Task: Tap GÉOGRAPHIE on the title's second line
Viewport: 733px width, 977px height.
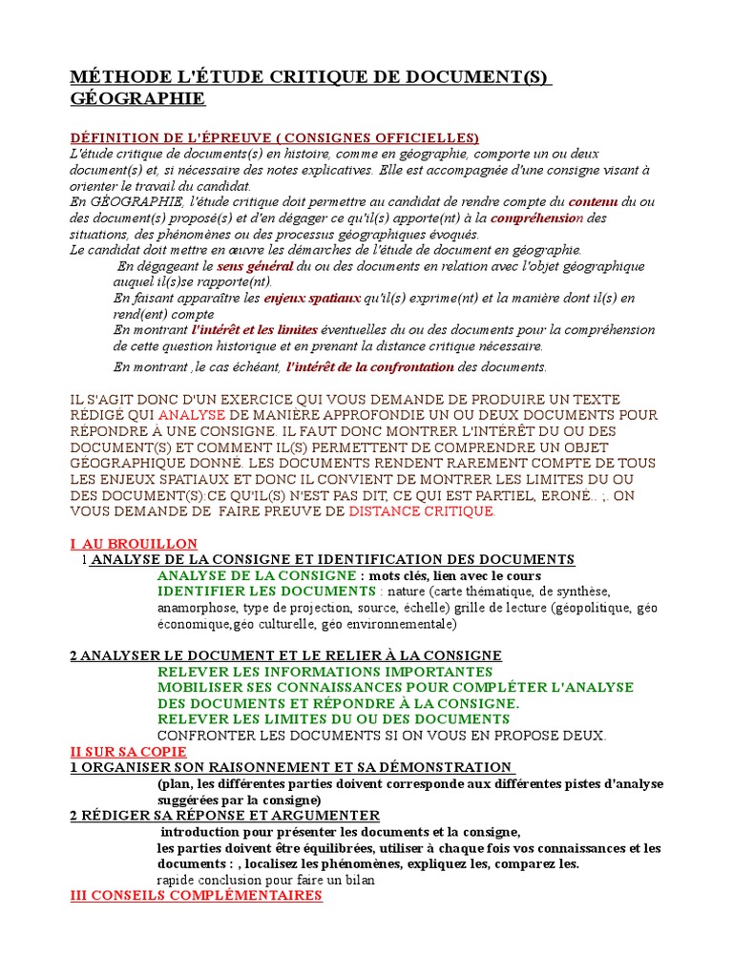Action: point(137,98)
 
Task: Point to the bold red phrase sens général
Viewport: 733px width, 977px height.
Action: point(255,265)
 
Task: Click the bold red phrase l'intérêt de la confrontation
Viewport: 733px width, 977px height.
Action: point(370,366)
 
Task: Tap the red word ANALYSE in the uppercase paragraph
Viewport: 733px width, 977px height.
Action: point(191,415)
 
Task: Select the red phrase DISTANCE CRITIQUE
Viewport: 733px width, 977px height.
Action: point(421,511)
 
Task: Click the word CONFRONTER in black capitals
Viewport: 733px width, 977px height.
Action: point(204,735)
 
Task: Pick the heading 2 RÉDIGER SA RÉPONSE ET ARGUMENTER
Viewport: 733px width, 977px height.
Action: point(225,815)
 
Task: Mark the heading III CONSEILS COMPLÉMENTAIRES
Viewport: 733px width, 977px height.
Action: point(197,896)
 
